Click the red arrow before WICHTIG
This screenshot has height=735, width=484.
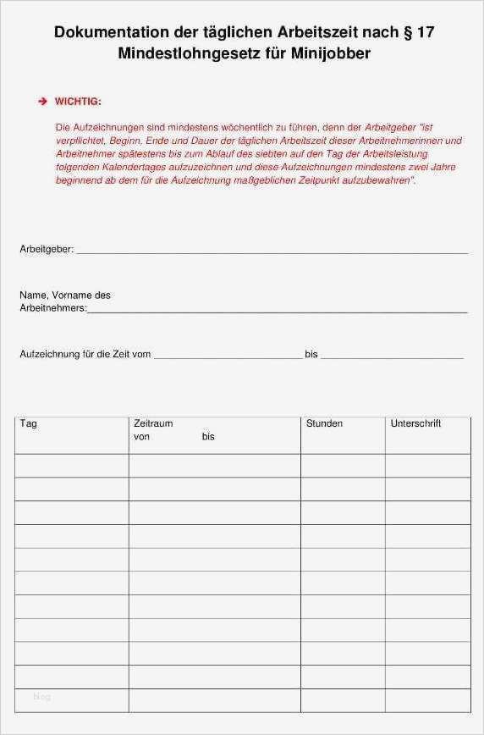click(42, 102)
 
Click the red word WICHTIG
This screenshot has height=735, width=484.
click(78, 102)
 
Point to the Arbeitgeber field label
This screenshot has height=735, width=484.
click(47, 249)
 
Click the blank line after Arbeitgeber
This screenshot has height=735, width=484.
click(271, 251)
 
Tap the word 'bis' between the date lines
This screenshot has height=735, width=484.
click(311, 354)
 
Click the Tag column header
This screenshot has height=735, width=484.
click(28, 423)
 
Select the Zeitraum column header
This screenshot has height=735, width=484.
click(153, 423)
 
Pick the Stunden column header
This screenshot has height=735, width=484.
click(324, 423)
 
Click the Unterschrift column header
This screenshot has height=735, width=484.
click(415, 423)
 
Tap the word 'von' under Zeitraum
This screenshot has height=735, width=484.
click(141, 437)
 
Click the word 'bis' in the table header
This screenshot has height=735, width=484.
click(208, 437)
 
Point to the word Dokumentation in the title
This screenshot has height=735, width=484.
click(106, 32)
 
